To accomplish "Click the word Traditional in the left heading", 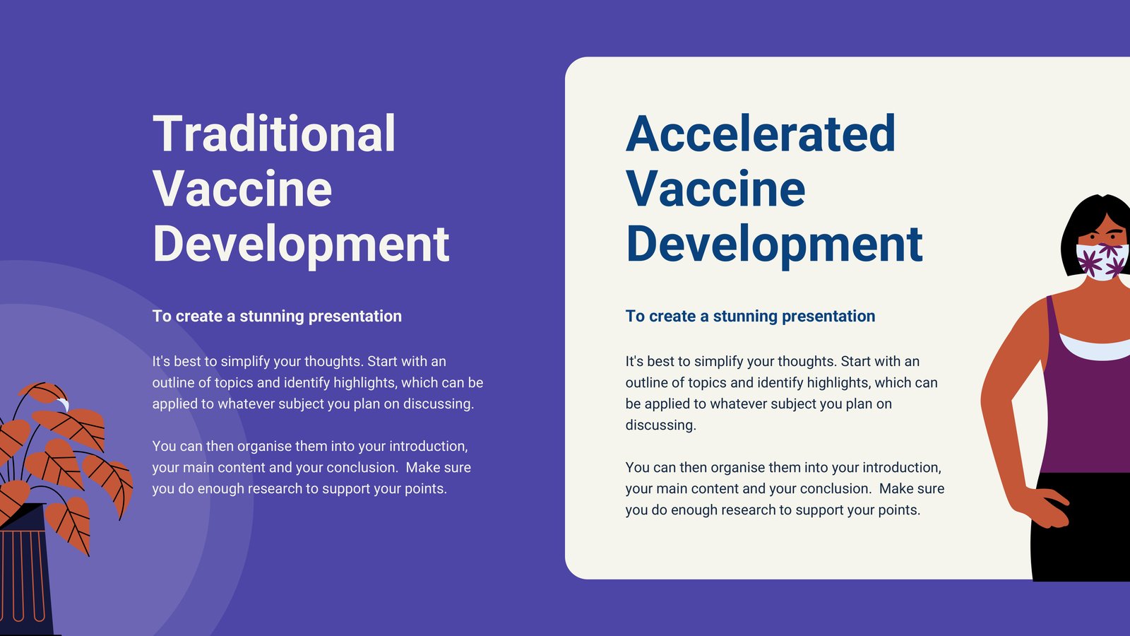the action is (274, 134).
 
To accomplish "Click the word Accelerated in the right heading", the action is (760, 134).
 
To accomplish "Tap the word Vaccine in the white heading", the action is (242, 189).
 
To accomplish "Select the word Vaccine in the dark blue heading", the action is (715, 189).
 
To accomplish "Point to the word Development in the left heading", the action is (301, 245).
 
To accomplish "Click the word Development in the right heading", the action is (774, 245).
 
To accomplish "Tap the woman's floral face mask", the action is (1102, 261).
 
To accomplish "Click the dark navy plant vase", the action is (25, 570).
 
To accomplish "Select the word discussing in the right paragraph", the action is (661, 425).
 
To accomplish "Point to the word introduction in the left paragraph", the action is (428, 447).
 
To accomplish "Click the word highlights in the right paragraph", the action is (839, 383).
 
